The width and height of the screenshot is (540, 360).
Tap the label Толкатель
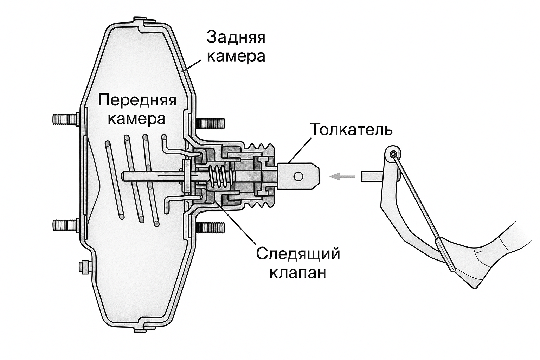coord(351,130)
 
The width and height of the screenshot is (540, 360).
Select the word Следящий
coord(298,253)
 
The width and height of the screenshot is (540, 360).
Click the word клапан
coord(298,272)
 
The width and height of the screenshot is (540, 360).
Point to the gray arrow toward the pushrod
coord(342,176)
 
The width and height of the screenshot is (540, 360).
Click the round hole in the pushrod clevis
coord(298,176)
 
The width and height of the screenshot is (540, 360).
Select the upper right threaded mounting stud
coord(210,123)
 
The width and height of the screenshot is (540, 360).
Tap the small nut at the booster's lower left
coord(84,266)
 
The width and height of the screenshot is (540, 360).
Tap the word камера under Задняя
coord(236,56)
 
